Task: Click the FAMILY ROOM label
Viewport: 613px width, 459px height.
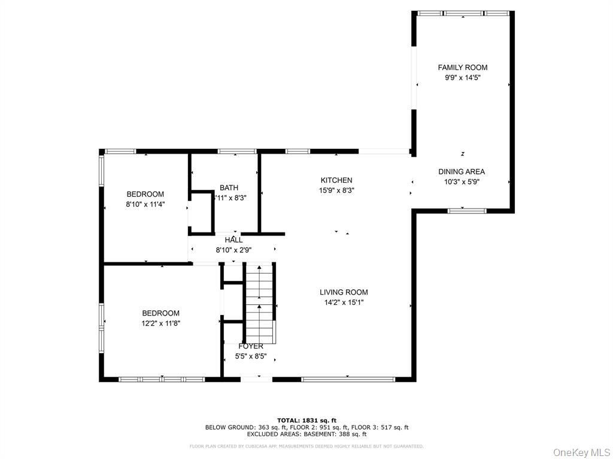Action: (462, 68)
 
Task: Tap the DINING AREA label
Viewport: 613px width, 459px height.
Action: (462, 172)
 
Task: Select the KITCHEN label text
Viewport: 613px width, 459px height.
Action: (336, 180)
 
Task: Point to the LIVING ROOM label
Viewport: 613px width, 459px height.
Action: (343, 292)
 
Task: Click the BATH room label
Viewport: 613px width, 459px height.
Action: (229, 188)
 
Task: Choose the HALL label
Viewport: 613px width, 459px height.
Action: (233, 240)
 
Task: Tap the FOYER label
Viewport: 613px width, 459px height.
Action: (251, 347)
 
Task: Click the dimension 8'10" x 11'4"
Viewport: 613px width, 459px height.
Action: (145, 204)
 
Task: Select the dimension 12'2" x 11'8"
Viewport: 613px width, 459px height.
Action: (160, 323)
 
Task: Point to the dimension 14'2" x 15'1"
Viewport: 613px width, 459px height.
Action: (343, 302)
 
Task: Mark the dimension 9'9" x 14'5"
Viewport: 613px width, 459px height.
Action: (462, 78)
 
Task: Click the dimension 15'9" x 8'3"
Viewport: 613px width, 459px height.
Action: (336, 191)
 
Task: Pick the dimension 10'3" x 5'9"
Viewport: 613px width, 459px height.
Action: (462, 182)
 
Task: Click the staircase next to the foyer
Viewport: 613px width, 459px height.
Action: (259, 305)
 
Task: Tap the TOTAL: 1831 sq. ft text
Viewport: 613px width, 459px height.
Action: (306, 420)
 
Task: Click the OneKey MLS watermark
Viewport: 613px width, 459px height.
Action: (579, 451)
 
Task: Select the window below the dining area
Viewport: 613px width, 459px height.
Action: (468, 210)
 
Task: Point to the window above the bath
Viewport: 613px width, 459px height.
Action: (236, 151)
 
